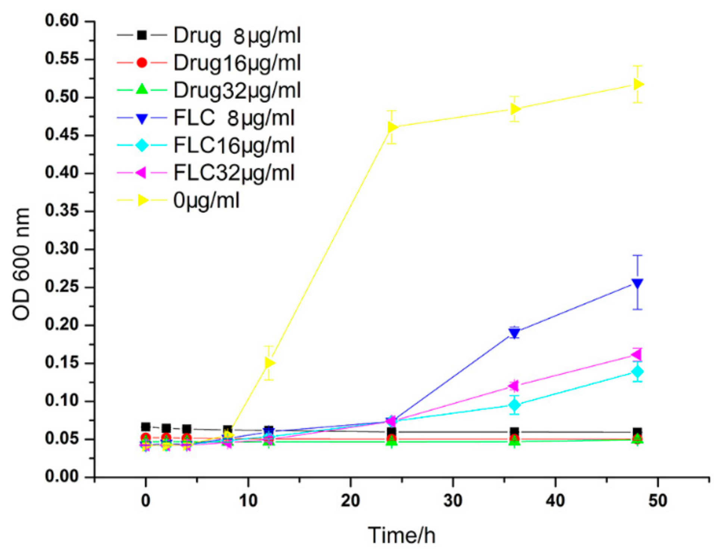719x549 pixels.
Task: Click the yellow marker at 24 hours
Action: [392, 127]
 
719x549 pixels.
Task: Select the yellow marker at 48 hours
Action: [638, 84]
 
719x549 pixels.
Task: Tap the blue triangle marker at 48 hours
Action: [638, 283]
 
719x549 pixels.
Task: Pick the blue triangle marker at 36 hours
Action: [515, 332]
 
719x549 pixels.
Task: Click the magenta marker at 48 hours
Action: [637, 354]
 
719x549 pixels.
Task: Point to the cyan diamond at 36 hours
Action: [515, 405]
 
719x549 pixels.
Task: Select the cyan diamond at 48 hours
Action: [638, 372]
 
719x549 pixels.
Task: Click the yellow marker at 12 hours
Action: [270, 363]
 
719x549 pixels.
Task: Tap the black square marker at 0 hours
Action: [146, 427]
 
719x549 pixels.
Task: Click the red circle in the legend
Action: [142, 63]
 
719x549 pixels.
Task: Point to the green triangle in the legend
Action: [142, 90]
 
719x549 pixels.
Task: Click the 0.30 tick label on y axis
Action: [62, 249]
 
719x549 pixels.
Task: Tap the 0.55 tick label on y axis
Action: [62, 59]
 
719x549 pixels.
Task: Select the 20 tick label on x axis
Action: [350, 501]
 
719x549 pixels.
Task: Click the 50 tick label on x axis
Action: [657, 501]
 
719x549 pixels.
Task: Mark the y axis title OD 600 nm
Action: [21, 264]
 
